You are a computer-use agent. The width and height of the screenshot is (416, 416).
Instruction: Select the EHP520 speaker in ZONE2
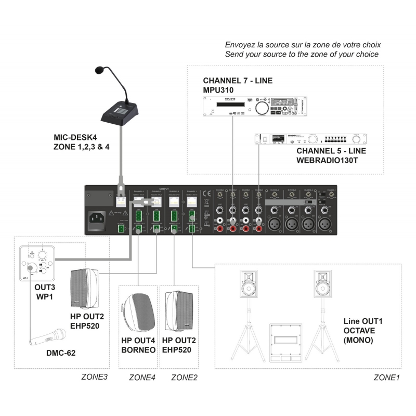click(178, 310)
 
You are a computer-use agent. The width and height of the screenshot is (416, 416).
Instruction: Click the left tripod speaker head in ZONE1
click(248, 284)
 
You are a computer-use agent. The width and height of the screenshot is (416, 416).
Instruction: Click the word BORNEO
click(138, 349)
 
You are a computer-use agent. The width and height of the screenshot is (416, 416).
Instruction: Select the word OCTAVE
click(358, 330)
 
